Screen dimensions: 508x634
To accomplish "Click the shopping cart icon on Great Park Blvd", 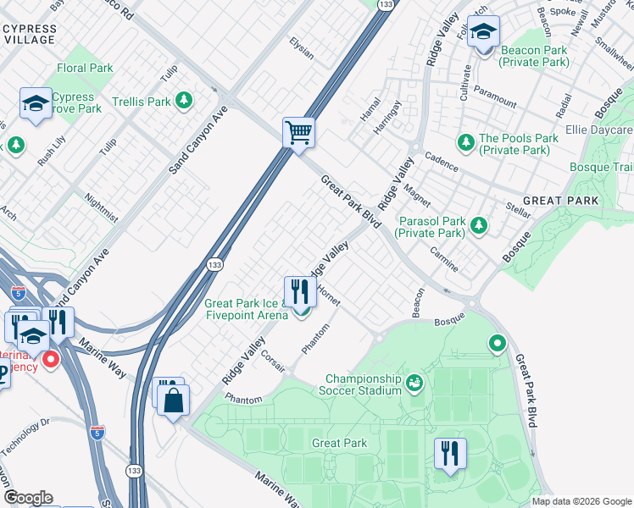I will pos(298,133).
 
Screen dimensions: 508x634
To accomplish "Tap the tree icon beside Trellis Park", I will pos(184,102).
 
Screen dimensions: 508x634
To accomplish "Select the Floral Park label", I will pos(85,68).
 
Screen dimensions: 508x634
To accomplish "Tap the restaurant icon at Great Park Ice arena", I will pos(298,293).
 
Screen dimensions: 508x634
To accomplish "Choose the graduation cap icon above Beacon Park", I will pos(483,34).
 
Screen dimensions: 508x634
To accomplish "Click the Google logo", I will pos(28,498).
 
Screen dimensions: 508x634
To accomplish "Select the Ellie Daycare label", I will pos(599,130).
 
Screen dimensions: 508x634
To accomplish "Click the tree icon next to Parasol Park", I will pos(480,224).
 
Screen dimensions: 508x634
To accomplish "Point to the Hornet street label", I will pos(328,294).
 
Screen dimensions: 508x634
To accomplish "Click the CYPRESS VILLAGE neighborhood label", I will pos(31,34).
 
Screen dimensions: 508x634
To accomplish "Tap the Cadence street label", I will pos(441,162).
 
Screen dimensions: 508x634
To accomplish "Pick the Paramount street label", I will pos(495,96).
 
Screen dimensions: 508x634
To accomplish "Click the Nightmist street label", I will pos(102,209).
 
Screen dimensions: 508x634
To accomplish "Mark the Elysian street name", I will pos(301,49).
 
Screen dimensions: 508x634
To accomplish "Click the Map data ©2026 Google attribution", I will pos(581,501).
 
